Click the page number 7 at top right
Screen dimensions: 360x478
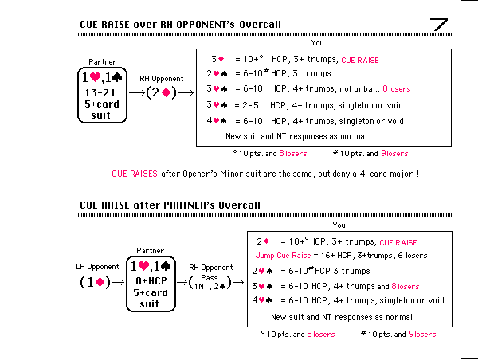(441, 24)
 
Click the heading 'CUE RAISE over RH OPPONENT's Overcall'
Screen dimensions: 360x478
(180, 25)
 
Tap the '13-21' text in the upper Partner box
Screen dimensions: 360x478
(101, 92)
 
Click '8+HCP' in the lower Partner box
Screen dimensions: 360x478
(150, 280)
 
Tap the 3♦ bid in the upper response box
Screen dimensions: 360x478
(217, 59)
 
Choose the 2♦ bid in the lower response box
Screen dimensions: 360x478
(264, 241)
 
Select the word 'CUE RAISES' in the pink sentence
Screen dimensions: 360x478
(134, 173)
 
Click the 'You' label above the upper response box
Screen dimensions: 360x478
(317, 43)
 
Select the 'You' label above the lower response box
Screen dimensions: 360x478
(339, 225)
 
